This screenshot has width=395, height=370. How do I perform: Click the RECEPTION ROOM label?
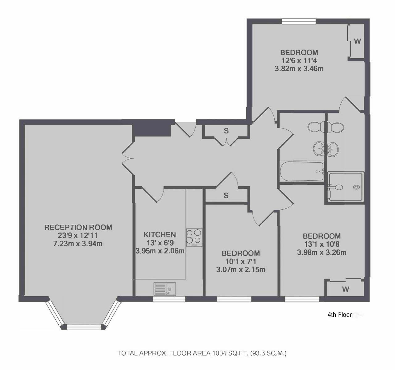tap(78, 227)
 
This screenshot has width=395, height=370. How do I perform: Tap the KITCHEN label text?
tap(160, 235)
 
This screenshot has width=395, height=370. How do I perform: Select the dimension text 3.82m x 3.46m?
tap(299, 69)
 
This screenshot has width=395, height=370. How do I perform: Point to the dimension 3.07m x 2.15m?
tap(241, 269)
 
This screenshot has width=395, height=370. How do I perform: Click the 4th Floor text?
tap(340, 315)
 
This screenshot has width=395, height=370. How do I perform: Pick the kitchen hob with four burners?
tap(194, 237)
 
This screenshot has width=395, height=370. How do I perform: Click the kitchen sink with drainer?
tap(164, 289)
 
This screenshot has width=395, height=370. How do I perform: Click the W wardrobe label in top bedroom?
tap(357, 41)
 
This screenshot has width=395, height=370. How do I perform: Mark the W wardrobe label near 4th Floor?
tap(346, 289)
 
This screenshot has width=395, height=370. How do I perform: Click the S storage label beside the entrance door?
tap(226, 131)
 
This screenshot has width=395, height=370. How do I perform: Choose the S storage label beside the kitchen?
tap(226, 195)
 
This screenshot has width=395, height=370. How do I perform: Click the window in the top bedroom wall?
tap(299, 21)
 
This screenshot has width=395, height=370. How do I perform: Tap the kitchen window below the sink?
tap(169, 299)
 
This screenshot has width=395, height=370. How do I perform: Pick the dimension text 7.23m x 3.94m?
tap(78, 244)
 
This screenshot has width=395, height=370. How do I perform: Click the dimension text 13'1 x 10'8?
tap(322, 244)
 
